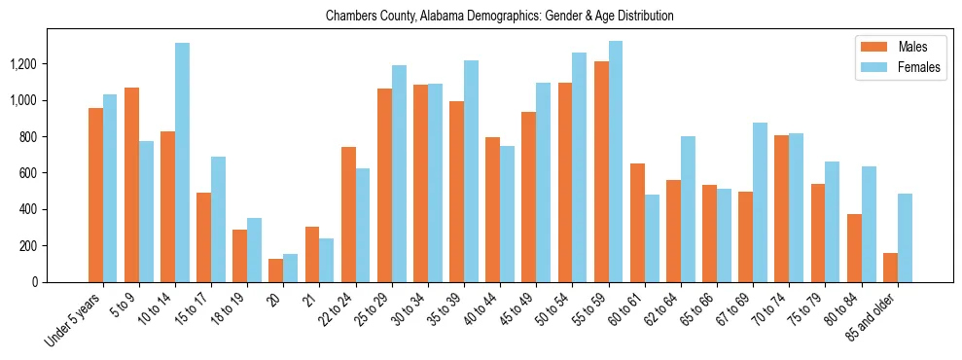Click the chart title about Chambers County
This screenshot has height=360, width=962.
tap(500, 17)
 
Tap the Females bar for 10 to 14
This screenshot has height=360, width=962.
tap(182, 162)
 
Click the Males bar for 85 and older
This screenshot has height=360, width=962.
tap(890, 268)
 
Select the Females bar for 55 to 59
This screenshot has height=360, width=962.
tap(616, 162)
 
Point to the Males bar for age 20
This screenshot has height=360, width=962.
tap(276, 270)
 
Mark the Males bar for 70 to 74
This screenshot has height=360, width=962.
tap(782, 209)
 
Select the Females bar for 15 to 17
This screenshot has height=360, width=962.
tap(218, 220)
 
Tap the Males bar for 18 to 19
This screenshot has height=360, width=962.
tap(239, 256)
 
